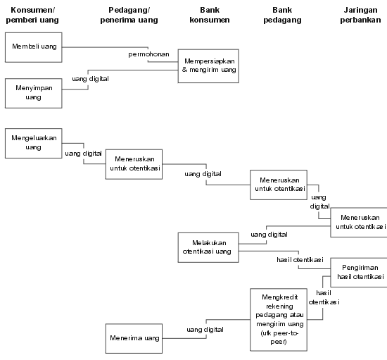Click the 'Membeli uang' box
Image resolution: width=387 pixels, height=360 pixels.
pyautogui.click(x=34, y=47)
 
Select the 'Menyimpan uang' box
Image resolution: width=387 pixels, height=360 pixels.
pyautogui.click(x=34, y=93)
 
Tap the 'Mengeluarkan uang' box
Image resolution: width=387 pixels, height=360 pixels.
pyautogui.click(x=34, y=143)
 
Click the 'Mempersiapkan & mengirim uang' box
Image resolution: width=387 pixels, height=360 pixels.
pyautogui.click(x=208, y=66)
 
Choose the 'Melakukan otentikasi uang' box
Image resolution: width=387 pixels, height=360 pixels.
pyautogui.click(x=208, y=247)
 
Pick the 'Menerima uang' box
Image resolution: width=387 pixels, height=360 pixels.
pyautogui.click(x=134, y=338)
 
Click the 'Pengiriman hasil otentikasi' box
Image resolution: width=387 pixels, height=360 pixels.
pyautogui.click(x=359, y=273)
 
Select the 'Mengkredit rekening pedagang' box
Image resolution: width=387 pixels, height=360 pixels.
pyautogui.click(x=279, y=319)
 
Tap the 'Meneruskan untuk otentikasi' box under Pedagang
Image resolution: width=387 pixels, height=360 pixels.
pyautogui.click(x=134, y=164)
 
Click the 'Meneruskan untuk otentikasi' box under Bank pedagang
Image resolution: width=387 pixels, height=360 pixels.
pyautogui.click(x=279, y=185)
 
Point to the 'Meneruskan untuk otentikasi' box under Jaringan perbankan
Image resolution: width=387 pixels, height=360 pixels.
pyautogui.click(x=359, y=223)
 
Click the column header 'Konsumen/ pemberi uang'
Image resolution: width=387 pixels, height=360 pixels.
pyautogui.click(x=32, y=15)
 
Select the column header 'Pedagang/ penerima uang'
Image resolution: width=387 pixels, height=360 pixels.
pyautogui.click(x=129, y=15)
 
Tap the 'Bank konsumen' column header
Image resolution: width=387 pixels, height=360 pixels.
pyautogui.click(x=210, y=15)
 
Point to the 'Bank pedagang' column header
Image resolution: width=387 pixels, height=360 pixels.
pyautogui.click(x=282, y=15)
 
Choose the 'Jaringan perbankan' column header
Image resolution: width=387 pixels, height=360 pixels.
pyautogui.click(x=360, y=15)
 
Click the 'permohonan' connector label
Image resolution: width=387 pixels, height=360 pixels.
pyautogui.click(x=149, y=54)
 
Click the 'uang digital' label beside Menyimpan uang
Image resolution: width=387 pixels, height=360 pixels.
pyautogui.click(x=90, y=79)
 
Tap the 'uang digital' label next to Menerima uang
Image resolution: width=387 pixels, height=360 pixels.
pyautogui.click(x=205, y=330)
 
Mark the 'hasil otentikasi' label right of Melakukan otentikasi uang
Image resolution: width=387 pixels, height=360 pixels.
pyautogui.click(x=300, y=260)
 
